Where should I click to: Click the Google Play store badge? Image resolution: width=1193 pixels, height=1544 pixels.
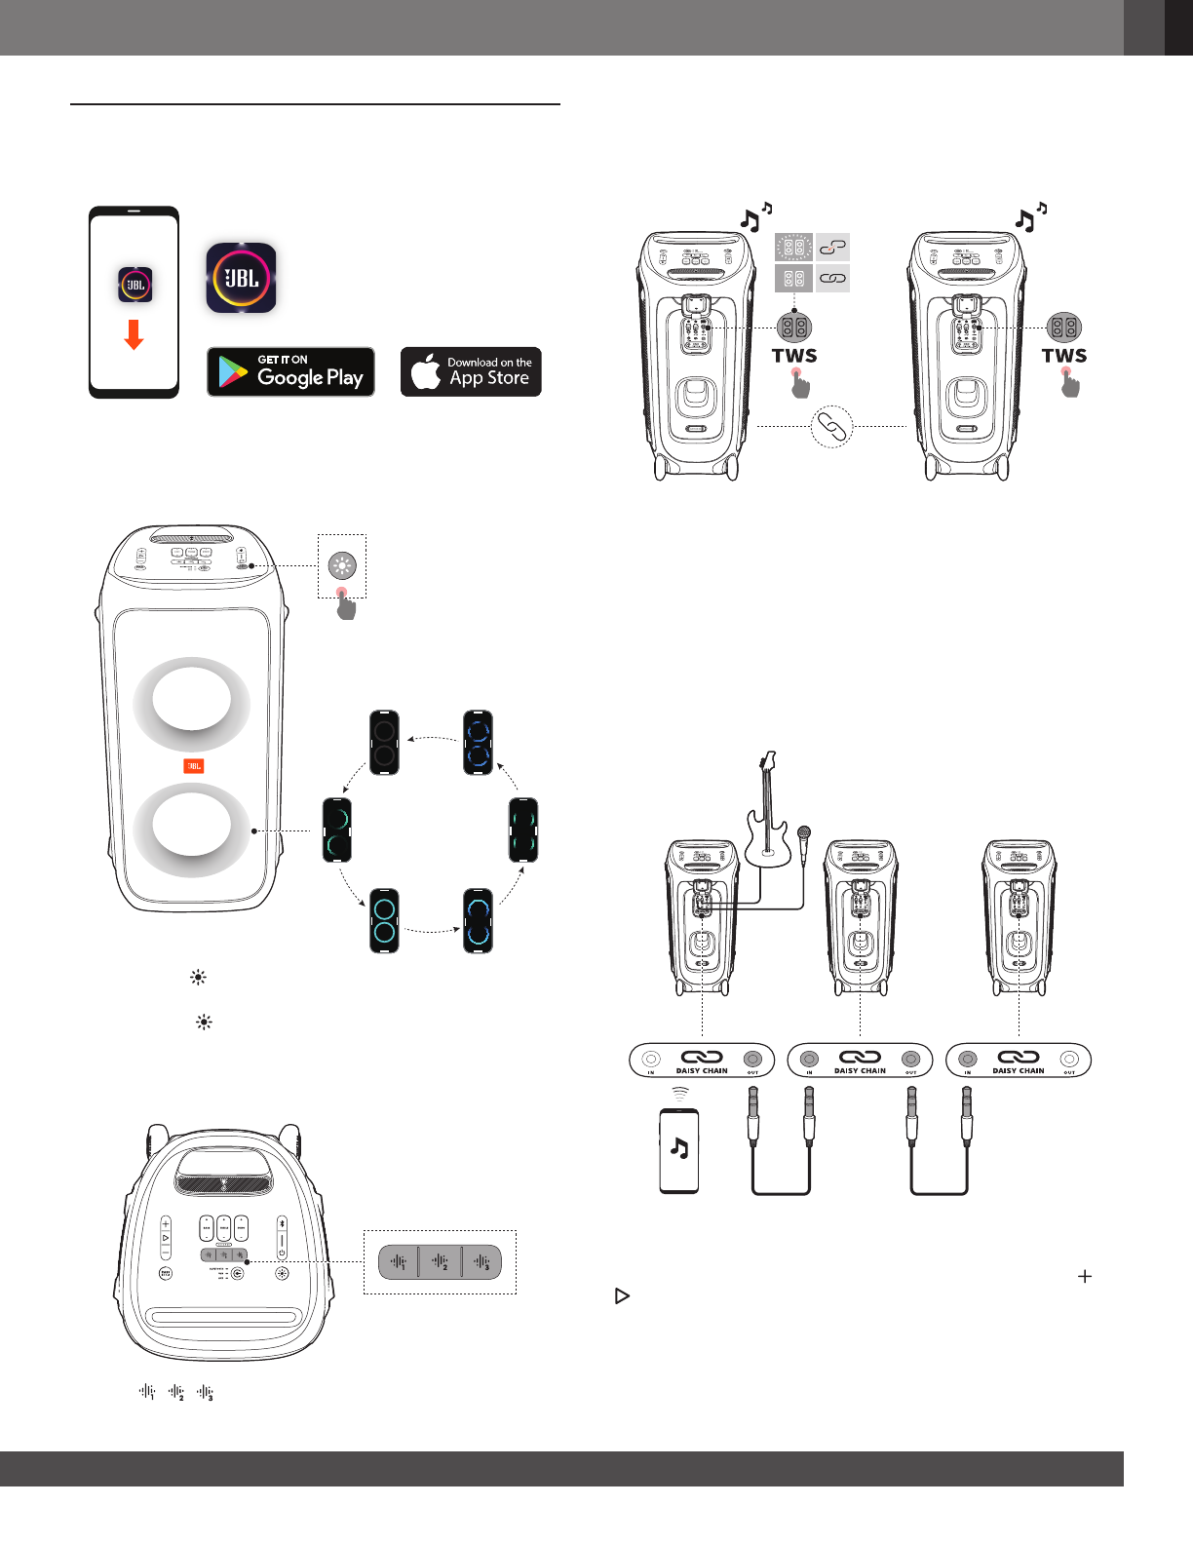click(x=290, y=371)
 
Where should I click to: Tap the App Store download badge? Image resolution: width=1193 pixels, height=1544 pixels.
click(x=471, y=371)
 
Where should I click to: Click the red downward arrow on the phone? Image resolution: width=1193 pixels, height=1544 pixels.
click(x=135, y=334)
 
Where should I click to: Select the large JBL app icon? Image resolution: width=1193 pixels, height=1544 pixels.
click(x=241, y=278)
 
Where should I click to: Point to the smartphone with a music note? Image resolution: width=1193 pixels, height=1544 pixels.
click(x=679, y=1150)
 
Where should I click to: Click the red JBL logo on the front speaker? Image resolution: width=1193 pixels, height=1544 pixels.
click(x=193, y=766)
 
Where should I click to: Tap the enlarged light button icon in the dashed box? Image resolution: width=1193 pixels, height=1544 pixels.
click(x=342, y=565)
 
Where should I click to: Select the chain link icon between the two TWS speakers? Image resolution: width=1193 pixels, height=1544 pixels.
click(x=832, y=426)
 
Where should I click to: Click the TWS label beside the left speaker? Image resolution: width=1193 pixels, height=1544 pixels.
click(x=794, y=356)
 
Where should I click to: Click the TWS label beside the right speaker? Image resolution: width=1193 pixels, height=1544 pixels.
click(x=1064, y=356)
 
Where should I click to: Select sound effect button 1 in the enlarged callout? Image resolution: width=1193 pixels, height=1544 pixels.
click(x=399, y=1262)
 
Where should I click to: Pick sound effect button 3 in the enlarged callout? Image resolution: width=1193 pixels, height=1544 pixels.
click(x=481, y=1262)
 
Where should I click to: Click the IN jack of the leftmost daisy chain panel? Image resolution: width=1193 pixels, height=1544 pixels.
click(x=651, y=1059)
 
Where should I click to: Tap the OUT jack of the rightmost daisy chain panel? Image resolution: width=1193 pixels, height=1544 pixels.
click(x=1069, y=1059)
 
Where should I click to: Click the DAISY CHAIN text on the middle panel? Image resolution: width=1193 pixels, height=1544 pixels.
click(x=860, y=1070)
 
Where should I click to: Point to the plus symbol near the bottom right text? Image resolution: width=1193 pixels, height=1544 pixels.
click(x=1085, y=1276)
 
